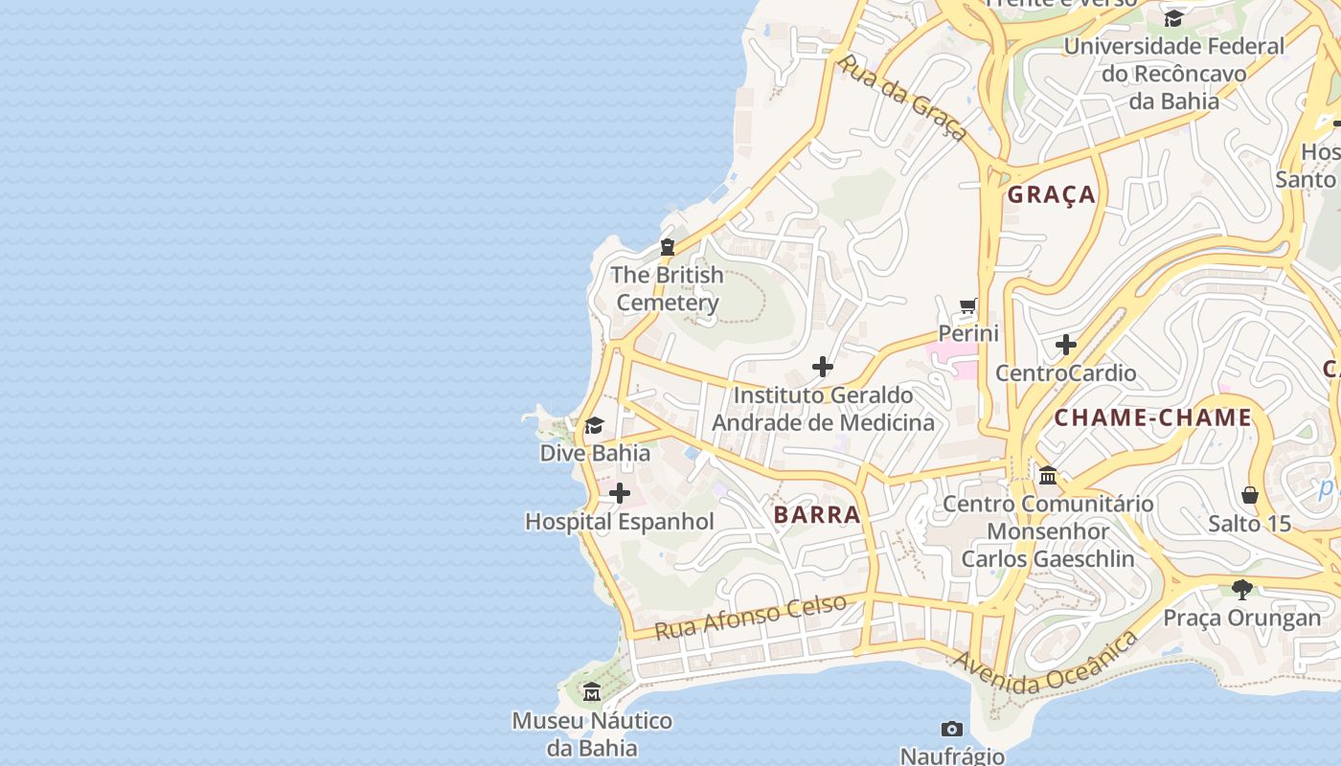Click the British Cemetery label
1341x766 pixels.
[x=667, y=288]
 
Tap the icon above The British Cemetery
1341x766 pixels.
[x=668, y=247]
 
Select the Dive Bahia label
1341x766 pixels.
[x=595, y=453]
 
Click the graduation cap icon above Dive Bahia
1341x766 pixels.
[x=595, y=425]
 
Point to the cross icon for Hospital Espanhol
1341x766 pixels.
[x=620, y=493]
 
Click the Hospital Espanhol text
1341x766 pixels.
[x=620, y=522]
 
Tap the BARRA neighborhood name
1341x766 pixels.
[x=817, y=514]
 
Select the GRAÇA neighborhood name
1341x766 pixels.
[x=1052, y=194]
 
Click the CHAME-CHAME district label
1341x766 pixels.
[x=1153, y=417]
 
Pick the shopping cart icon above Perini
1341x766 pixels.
[x=968, y=307]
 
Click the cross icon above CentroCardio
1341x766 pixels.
[x=1066, y=345]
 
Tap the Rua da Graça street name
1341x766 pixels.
[x=901, y=97]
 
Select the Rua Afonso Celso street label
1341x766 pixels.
[x=751, y=617]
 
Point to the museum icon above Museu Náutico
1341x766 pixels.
[x=592, y=691]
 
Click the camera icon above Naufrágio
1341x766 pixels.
[x=951, y=729]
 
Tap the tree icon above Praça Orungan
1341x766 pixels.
[x=1242, y=589]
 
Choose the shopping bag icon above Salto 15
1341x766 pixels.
[x=1249, y=495]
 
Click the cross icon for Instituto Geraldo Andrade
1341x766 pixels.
[x=823, y=367]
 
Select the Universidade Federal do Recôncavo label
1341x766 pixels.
[x=1173, y=73]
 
